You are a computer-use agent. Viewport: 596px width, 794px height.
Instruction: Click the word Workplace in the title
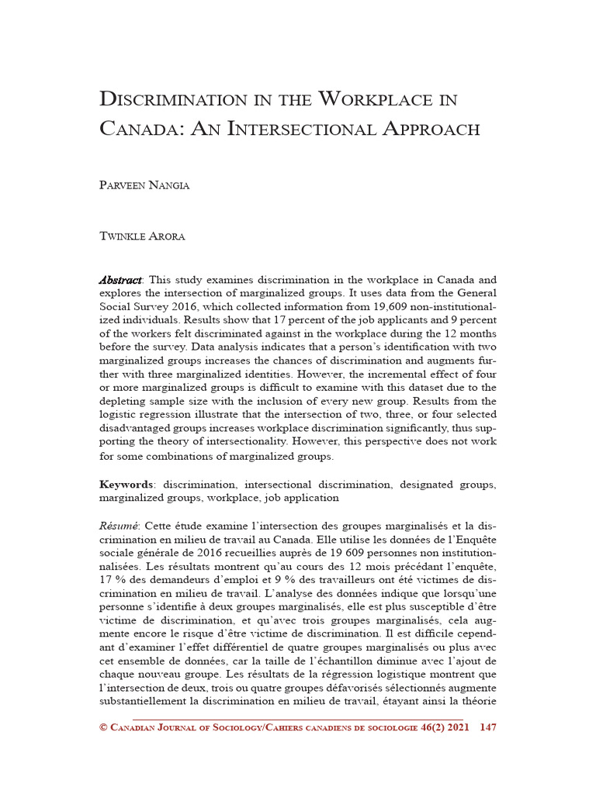[x=388, y=100]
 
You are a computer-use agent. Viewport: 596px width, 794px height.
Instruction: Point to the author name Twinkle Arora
[x=142, y=236]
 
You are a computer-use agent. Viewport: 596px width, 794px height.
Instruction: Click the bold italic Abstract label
[x=120, y=279]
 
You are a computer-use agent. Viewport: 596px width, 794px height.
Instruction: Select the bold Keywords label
[x=126, y=485]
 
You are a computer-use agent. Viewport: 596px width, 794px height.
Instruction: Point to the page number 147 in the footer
[x=489, y=727]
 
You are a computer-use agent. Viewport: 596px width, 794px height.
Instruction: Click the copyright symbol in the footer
[x=104, y=727]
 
